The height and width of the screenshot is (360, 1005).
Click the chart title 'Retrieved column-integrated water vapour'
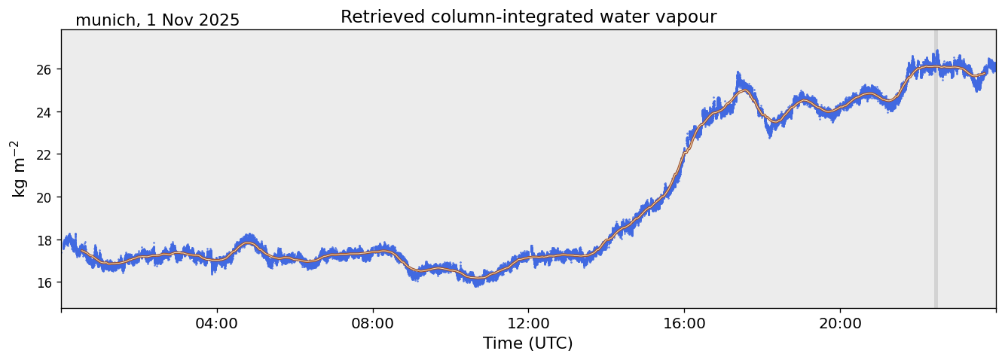[528, 17]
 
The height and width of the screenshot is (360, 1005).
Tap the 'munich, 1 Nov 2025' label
[157, 20]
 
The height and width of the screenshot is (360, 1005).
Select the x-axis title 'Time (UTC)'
[527, 343]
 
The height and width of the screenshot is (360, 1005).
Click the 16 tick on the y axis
[47, 282]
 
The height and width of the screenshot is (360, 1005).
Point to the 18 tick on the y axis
[47, 240]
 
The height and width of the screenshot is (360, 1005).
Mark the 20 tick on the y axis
[47, 197]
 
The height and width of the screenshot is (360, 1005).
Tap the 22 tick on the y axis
[47, 154]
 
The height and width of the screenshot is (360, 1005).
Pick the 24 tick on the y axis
[47, 112]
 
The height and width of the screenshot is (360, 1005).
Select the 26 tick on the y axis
[47, 69]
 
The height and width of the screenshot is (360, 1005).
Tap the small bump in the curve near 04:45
[248, 243]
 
